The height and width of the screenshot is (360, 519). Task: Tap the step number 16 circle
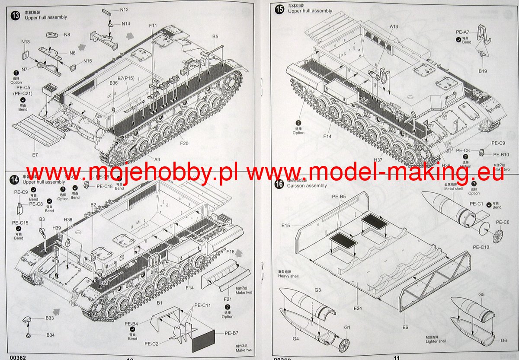[x=279, y=184]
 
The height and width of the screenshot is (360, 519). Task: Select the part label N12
[x=125, y=10]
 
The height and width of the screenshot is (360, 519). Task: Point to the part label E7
[x=35, y=155]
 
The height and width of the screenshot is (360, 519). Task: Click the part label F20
[x=184, y=143]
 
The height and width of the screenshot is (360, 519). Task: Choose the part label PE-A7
[x=463, y=32]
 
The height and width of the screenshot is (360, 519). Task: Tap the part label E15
[x=286, y=225]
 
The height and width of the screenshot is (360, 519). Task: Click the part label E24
[x=358, y=308]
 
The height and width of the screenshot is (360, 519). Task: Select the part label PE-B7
[x=232, y=333]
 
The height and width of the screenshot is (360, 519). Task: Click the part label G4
[x=295, y=339]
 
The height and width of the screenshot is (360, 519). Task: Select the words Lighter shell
[x=436, y=341]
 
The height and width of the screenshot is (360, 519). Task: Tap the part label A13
[x=394, y=26]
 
